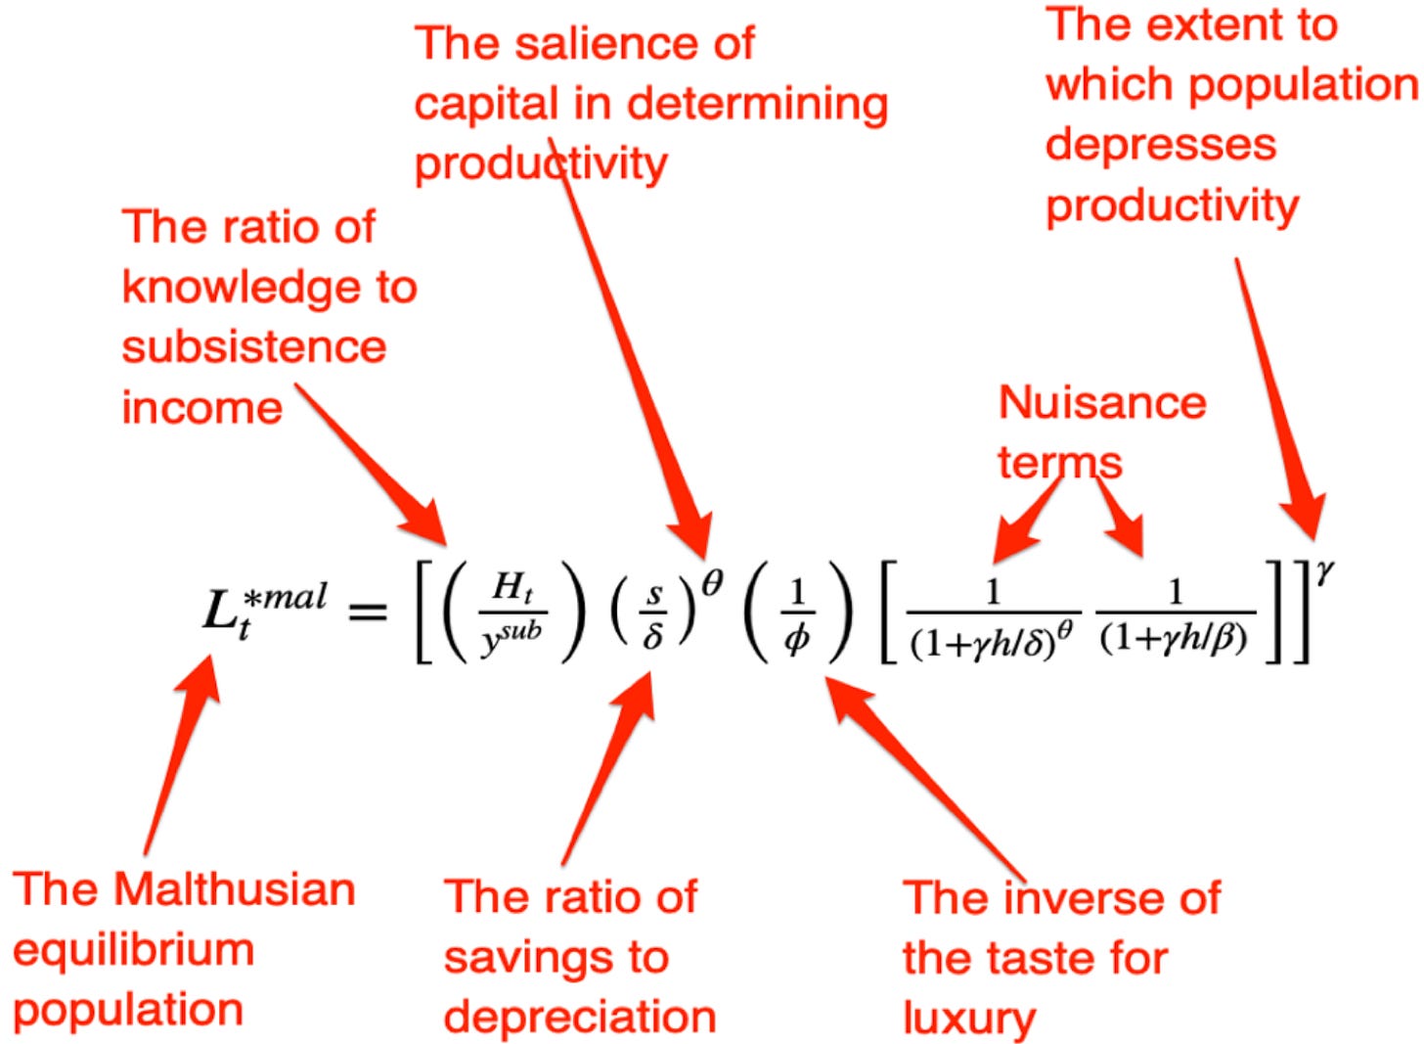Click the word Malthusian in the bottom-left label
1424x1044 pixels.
click(235, 889)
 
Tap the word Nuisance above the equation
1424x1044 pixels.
click(1102, 402)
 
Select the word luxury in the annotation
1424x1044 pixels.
click(968, 1019)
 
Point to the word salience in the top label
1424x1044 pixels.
click(587, 43)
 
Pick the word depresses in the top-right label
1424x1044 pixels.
click(1161, 144)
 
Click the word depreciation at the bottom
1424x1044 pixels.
click(580, 1017)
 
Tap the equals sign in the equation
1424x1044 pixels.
click(368, 613)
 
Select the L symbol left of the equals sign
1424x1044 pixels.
click(217, 612)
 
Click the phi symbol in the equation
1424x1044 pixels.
click(797, 639)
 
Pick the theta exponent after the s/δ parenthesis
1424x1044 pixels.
click(712, 584)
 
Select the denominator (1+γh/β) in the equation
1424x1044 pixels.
click(1174, 639)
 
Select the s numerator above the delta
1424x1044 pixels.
click(654, 593)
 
